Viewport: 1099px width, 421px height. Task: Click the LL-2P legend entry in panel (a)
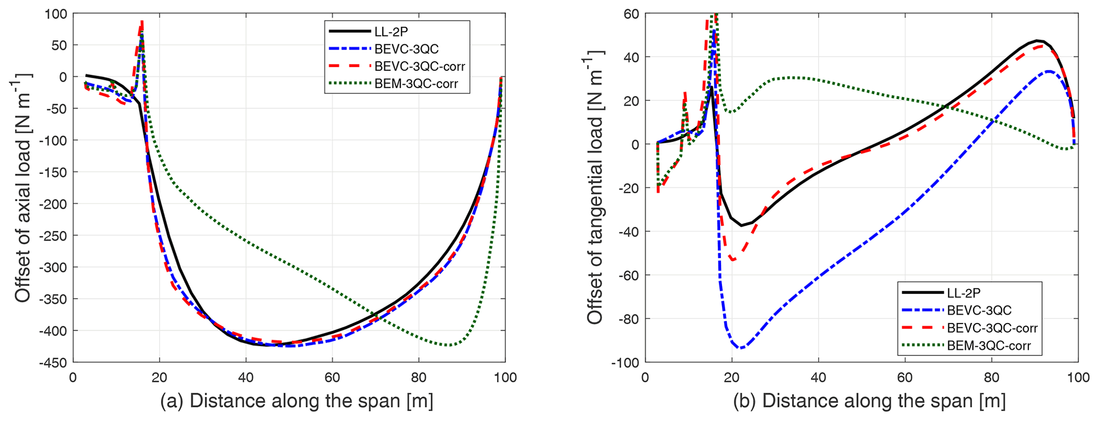tap(391, 32)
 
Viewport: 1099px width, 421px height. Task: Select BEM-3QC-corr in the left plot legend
tap(416, 84)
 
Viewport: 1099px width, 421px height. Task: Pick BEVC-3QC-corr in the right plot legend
tap(992, 328)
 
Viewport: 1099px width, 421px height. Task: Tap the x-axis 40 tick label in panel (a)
tap(246, 377)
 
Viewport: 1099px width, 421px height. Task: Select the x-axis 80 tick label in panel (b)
tap(992, 377)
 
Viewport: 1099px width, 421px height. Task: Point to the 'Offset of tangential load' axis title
tap(595, 187)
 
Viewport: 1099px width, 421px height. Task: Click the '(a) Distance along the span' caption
tap(296, 401)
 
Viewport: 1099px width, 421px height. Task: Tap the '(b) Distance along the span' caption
tap(869, 401)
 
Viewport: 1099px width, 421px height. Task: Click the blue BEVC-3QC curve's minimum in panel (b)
tap(741, 348)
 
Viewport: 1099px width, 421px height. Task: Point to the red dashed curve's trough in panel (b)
tap(734, 260)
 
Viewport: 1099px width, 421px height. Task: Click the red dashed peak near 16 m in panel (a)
tap(142, 21)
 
